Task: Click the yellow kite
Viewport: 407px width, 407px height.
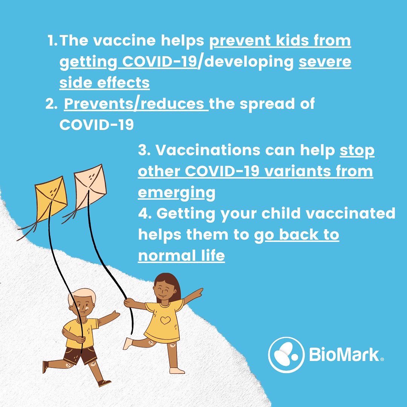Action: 51,198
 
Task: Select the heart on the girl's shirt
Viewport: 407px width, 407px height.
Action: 165,321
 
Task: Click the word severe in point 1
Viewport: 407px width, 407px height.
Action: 325,62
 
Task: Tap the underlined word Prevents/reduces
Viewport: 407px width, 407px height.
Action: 136,104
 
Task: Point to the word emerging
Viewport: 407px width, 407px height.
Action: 176,193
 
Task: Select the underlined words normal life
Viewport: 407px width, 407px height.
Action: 181,256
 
